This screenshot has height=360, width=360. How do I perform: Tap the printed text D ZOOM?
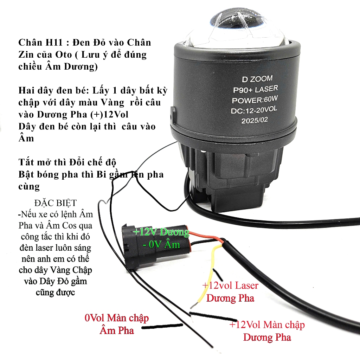click(257, 79)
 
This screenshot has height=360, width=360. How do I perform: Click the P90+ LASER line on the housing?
click(256, 89)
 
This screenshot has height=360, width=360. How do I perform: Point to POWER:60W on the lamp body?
click(255, 99)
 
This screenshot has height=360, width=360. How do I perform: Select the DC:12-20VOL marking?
click(254, 110)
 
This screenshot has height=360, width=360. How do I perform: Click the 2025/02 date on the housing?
click(255, 120)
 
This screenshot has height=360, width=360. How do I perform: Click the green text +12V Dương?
click(161, 232)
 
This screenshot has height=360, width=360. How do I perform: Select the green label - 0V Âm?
click(161, 244)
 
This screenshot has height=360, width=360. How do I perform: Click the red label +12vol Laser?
click(230, 285)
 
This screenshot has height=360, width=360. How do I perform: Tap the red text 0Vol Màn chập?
click(117, 318)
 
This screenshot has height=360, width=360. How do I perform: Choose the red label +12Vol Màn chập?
click(267, 325)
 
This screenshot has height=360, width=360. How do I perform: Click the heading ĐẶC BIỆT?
click(55, 203)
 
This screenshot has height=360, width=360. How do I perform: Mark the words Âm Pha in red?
click(117, 330)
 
